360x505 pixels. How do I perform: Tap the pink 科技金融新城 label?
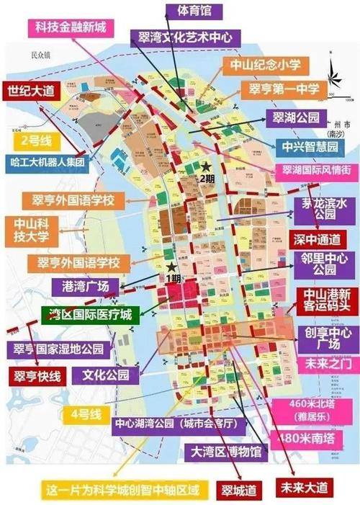tap(71, 28)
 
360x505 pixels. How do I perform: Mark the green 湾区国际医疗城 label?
tap(86, 315)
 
